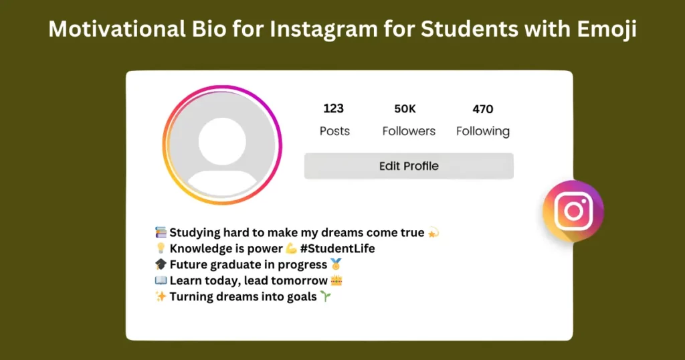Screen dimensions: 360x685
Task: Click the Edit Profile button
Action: pos(409,166)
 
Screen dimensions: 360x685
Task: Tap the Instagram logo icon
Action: pos(573,211)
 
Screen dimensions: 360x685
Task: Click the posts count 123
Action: pos(333,108)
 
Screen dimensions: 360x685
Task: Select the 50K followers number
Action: pos(405,108)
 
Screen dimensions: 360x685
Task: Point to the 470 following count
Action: pos(482,108)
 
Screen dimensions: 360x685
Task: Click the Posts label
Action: pos(334,131)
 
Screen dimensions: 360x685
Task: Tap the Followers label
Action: pos(409,131)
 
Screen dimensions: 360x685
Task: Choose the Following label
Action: pos(482,131)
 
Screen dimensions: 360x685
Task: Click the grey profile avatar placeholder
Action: pos(221,145)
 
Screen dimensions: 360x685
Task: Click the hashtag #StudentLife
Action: pos(338,249)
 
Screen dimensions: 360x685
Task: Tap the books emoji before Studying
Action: pos(161,233)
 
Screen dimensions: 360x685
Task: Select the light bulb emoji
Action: pos(161,249)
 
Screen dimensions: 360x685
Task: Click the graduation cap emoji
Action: pos(161,265)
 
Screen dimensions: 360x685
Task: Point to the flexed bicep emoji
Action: pos(291,249)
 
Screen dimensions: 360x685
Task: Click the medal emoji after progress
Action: pos(336,265)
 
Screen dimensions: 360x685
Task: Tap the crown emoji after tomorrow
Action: pos(336,281)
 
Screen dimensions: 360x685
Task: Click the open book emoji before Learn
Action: pos(161,281)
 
